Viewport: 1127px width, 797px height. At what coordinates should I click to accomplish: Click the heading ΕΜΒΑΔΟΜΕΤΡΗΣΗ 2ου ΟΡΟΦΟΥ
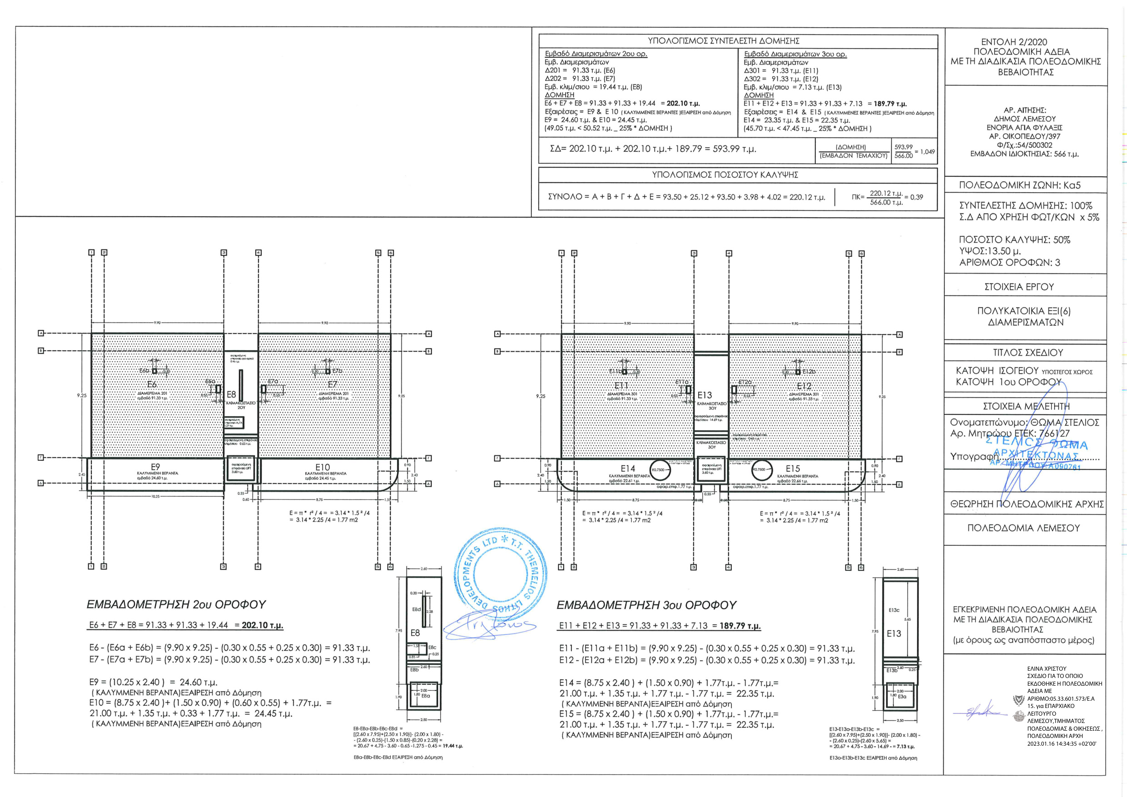tap(176, 604)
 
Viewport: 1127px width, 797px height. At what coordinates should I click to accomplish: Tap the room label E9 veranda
tap(155, 467)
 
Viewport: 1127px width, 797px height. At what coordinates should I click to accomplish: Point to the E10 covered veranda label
tap(323, 468)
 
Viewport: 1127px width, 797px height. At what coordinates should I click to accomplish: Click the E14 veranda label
tap(627, 469)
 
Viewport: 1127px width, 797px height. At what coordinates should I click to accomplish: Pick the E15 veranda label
tap(793, 469)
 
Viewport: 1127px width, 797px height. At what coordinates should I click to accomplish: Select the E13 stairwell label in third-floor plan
tap(705, 395)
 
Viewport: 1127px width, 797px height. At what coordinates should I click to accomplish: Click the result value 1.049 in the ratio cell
tap(927, 152)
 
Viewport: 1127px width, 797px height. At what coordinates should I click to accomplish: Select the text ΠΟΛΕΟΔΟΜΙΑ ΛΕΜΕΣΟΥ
tap(1023, 528)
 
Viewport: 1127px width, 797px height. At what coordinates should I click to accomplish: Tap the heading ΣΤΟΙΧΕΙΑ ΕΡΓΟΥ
tap(1019, 287)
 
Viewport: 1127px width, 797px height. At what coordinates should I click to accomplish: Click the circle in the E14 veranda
tap(660, 470)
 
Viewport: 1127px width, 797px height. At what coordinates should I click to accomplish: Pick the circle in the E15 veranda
tap(762, 469)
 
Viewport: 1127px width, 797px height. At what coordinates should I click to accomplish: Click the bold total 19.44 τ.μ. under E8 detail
tap(452, 746)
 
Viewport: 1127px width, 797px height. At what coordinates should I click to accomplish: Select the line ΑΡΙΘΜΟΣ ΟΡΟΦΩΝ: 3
tap(1009, 263)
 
